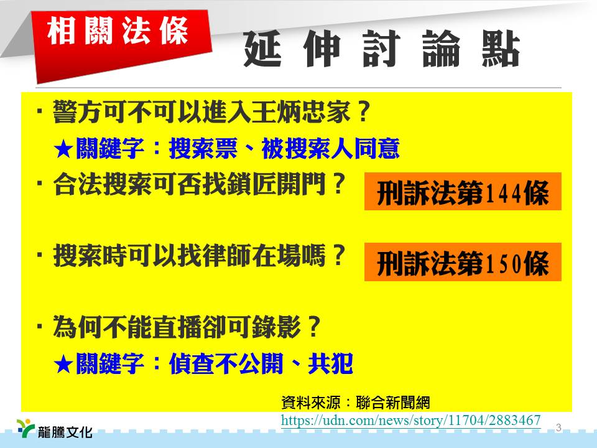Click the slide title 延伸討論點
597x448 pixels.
pos(382,49)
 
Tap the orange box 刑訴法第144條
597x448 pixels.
pos(463,191)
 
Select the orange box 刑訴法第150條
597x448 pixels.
pos(463,262)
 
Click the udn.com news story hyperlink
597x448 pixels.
pos(411,420)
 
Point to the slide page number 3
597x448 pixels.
pos(558,427)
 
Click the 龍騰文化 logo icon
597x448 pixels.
pos(25,428)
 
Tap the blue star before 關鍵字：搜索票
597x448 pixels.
pos(63,149)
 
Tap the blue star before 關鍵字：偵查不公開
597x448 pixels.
pos(63,365)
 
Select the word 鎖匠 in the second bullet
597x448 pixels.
pos(251,184)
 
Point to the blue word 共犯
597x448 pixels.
pos(330,364)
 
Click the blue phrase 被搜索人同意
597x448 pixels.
pos(331,149)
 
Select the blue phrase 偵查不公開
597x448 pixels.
pos(226,364)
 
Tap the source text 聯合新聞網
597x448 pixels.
pos(393,403)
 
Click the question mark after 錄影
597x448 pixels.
pos(314,327)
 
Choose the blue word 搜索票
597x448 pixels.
pos(203,149)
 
